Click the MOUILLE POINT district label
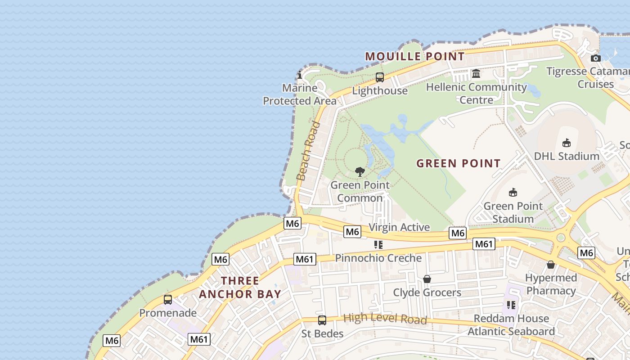(414, 56)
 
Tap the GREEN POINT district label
(458, 163)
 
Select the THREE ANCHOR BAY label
(240, 288)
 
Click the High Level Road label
(385, 319)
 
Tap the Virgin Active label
(399, 227)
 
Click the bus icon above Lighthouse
(380, 77)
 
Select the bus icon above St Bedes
(322, 320)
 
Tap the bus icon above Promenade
(168, 300)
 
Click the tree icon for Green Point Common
(359, 171)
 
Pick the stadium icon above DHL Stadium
(566, 143)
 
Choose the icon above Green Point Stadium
(513, 193)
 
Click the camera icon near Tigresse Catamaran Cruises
(595, 58)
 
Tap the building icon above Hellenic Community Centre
(476, 73)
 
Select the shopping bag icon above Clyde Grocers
(427, 279)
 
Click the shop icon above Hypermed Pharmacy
(550, 265)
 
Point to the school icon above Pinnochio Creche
(378, 245)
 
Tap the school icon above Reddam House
(511, 305)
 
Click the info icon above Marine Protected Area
(300, 75)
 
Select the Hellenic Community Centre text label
(477, 93)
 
